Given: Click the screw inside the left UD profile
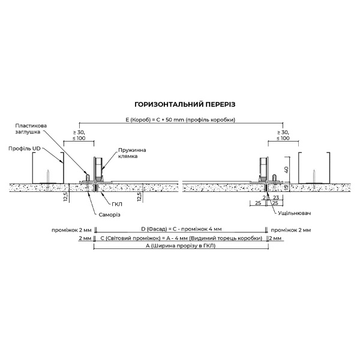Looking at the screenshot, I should (47, 175).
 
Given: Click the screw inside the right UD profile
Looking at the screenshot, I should (313, 175).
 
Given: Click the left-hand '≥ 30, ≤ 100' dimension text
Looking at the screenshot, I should (79, 136).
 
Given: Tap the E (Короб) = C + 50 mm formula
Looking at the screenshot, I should (180, 120).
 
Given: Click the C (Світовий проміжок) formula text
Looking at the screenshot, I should (180, 238).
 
